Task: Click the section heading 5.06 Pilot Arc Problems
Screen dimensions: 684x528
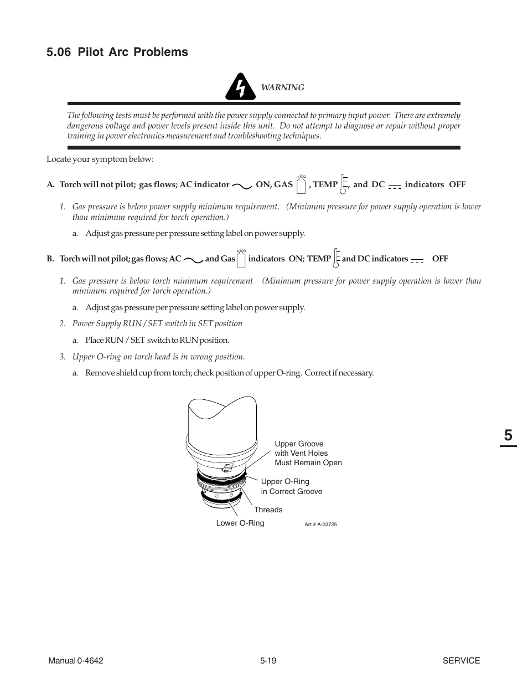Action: click(117, 52)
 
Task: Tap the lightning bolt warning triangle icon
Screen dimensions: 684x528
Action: click(240, 87)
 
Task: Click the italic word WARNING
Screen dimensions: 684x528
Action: click(282, 88)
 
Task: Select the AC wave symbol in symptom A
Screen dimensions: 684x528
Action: click(242, 186)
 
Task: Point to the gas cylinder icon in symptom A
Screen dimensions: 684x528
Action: click(301, 183)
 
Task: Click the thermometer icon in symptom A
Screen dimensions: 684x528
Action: click(344, 183)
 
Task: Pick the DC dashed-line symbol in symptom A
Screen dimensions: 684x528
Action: click(394, 186)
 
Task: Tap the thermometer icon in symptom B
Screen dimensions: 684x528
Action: click(337, 258)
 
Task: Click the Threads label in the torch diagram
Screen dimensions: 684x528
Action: click(268, 510)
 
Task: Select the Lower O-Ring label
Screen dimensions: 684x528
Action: click(240, 523)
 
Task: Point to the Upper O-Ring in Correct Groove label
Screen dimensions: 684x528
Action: click(291, 486)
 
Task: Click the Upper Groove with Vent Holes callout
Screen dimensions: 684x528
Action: click(308, 453)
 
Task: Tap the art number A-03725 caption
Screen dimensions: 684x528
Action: click(320, 524)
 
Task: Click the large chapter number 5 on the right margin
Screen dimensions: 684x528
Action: click(508, 435)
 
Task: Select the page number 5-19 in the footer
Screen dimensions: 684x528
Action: click(268, 660)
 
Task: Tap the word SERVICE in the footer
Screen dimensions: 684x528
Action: click(461, 660)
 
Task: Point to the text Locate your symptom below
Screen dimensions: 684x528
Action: click(100, 159)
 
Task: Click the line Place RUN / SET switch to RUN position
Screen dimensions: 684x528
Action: click(157, 340)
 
